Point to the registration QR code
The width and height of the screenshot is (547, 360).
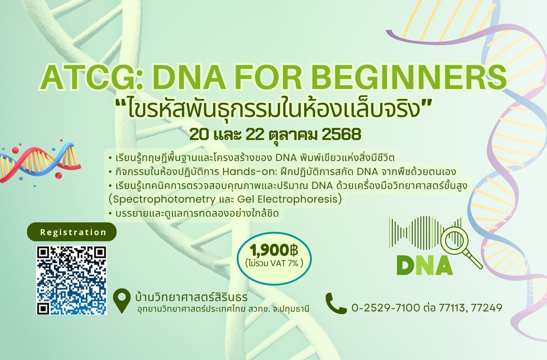point(72,280)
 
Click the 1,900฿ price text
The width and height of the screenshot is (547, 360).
point(274,251)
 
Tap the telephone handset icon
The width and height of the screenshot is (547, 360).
point(335,303)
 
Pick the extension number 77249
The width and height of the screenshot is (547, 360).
point(486,308)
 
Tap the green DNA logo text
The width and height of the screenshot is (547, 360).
point(425,266)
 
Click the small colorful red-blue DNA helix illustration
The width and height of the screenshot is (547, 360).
point(40,161)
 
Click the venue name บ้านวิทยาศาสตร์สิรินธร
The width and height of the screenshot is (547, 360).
point(191,297)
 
